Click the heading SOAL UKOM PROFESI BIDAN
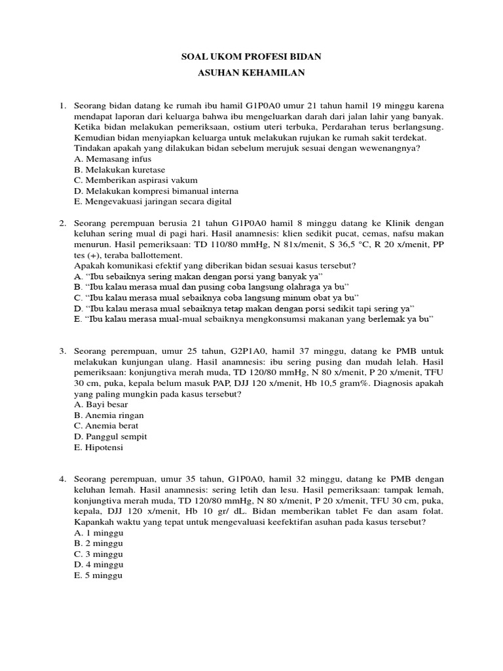point(251,58)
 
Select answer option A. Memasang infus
point(113,159)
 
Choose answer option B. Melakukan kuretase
point(119,169)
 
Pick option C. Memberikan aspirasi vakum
point(136,180)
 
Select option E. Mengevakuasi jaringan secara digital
point(153,201)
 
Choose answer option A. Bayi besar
point(102,404)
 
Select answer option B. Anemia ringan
point(109,415)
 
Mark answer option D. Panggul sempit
point(110,436)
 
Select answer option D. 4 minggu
point(99,565)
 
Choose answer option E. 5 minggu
point(99,575)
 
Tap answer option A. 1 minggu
point(99,533)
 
